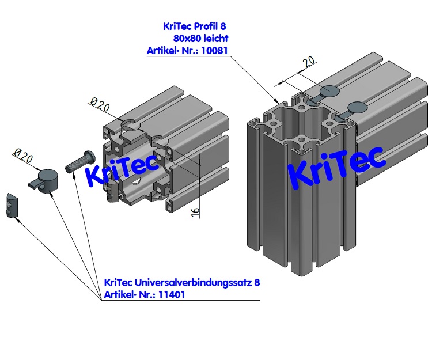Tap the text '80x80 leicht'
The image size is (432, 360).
(200, 39)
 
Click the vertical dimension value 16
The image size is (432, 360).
(195, 212)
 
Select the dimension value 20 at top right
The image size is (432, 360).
(308, 62)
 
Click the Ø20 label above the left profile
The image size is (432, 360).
(100, 104)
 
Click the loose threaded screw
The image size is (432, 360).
(78, 160)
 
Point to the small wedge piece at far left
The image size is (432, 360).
(13, 206)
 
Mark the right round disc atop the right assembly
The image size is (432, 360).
(358, 107)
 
